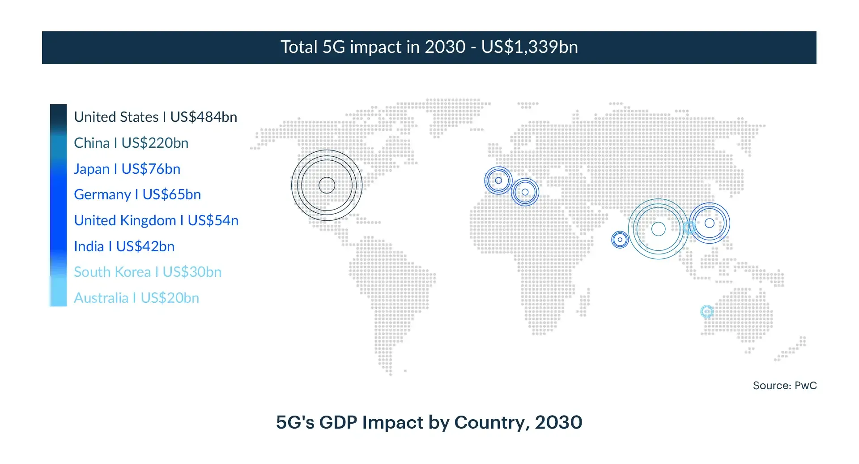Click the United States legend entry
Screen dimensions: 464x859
[x=155, y=117]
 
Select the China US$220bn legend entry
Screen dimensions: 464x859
[x=131, y=143]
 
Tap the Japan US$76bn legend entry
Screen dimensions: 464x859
[x=127, y=169]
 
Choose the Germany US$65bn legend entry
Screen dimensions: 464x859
[x=137, y=194]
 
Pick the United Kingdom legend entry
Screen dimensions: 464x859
[x=156, y=220]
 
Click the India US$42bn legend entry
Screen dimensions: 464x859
[x=124, y=246]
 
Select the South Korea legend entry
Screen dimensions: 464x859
[x=148, y=272]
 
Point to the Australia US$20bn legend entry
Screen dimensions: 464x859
[x=136, y=298]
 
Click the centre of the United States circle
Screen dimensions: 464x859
[x=327, y=185]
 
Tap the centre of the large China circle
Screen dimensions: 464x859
[x=658, y=229]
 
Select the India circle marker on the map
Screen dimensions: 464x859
[x=620, y=240]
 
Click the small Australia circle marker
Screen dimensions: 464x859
[x=706, y=311]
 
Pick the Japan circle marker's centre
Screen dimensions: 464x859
[x=709, y=223]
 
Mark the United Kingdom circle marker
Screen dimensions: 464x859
[x=498, y=180]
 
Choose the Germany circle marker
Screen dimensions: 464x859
[x=525, y=192]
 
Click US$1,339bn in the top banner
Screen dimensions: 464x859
[x=529, y=47]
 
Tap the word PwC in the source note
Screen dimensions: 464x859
[x=806, y=386]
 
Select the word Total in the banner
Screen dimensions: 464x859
[x=299, y=47]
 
